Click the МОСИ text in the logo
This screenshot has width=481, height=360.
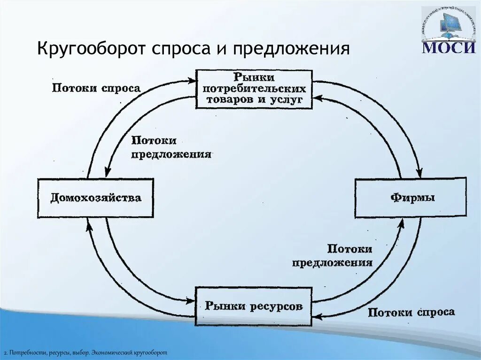click(448, 47)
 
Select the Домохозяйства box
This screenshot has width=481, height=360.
click(95, 198)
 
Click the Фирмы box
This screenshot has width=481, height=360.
click(411, 197)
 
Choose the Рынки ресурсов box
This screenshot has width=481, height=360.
click(254, 306)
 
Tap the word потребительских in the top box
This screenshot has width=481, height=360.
click(254, 88)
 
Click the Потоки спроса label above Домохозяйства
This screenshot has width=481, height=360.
click(96, 88)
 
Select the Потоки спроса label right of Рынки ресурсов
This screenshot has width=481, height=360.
click(411, 312)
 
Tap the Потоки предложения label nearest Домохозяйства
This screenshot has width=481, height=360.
click(171, 147)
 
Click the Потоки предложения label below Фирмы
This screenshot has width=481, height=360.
click(332, 255)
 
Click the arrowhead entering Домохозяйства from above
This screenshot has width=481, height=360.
click(108, 173)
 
